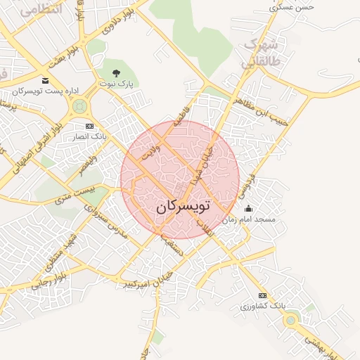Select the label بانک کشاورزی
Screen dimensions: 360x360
pyautogui.click(x=262, y=307)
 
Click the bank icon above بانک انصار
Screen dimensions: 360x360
pyautogui.click(x=89, y=126)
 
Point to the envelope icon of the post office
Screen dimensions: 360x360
pyautogui.click(x=46, y=81)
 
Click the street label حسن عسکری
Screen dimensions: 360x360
pyautogui.click(x=295, y=6)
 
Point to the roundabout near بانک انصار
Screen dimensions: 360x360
pyautogui.click(x=78, y=107)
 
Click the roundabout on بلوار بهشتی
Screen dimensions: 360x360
pyautogui.click(x=290, y=321)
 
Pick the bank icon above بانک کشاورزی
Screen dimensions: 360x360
pyautogui.click(x=263, y=295)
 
